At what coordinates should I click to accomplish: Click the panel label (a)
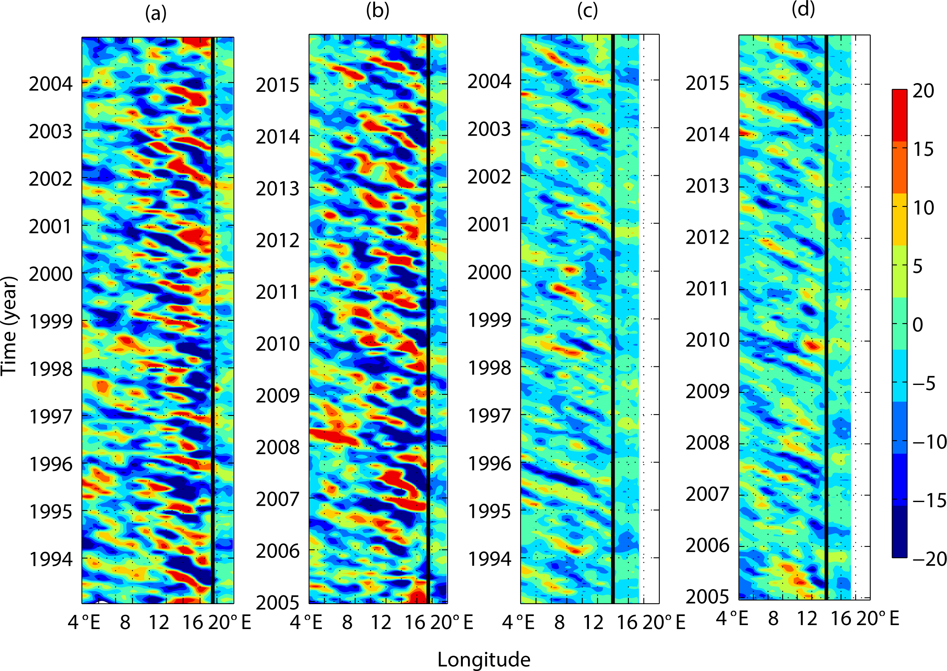[156, 13]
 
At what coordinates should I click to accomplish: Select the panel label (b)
[377, 11]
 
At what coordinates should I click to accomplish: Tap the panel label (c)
[587, 11]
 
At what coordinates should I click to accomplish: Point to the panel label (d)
[804, 9]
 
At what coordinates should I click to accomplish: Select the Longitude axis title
[484, 660]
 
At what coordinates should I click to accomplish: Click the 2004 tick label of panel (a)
[50, 84]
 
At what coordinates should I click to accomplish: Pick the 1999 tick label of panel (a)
[50, 321]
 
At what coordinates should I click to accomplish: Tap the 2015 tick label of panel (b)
[277, 85]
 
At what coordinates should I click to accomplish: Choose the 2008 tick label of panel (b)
[277, 447]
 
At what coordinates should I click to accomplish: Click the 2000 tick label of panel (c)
[489, 273]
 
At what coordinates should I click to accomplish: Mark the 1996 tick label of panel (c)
[489, 464]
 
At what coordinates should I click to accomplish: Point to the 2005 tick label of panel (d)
[707, 597]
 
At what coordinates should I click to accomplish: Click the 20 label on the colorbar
[923, 91]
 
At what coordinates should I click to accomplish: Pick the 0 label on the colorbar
[918, 325]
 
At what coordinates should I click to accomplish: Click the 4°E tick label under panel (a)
[84, 622]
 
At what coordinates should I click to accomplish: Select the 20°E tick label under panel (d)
[878, 619]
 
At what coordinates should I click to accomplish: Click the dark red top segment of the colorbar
[900, 116]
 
